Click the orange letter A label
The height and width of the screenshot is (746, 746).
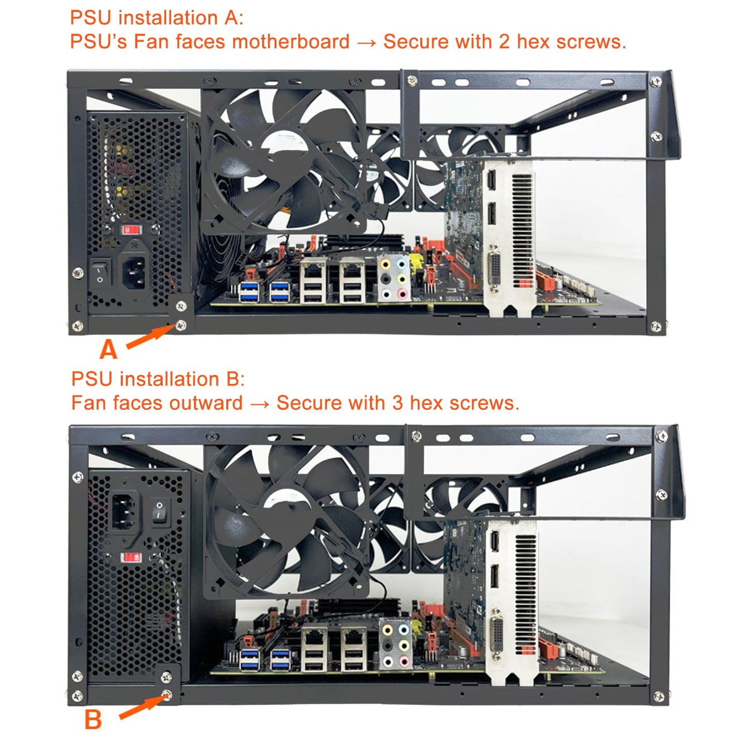108,350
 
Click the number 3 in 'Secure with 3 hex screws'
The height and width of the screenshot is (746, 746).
396,403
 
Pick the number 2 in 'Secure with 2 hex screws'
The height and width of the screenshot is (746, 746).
504,41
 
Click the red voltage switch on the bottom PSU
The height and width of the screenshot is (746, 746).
131,558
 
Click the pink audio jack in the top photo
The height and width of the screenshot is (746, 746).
402,294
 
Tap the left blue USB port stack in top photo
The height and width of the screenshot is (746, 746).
249,292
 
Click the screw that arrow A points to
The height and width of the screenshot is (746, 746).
181,325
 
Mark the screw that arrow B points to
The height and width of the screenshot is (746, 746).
167,695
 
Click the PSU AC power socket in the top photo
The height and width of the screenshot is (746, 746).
135,272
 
